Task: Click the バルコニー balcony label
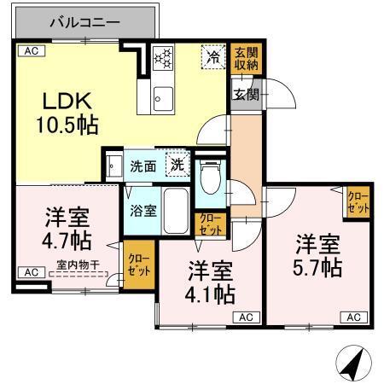[84, 20]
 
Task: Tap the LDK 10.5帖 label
[66, 111]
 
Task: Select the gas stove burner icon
[162, 59]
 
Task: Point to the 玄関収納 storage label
[245, 59]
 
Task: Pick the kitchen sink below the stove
[162, 99]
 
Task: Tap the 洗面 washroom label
[143, 166]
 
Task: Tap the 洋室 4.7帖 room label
[68, 227]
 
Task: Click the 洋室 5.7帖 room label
[319, 255]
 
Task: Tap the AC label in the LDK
[31, 51]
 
